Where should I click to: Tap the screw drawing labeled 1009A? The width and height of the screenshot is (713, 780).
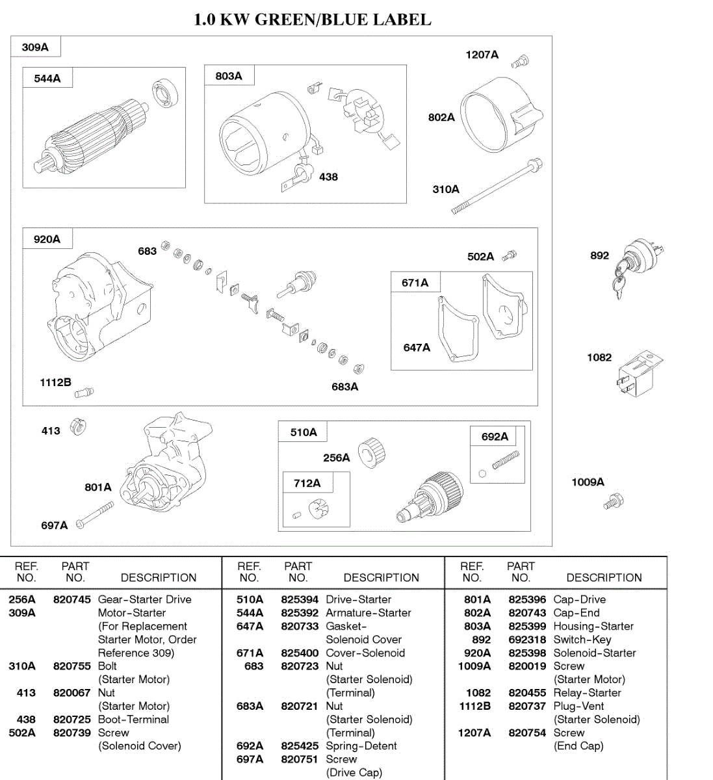[613, 502]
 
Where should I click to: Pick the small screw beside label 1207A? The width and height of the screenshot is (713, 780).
[519, 62]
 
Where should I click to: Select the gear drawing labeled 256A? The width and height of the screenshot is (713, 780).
[372, 452]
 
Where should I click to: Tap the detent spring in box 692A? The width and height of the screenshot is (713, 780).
[505, 460]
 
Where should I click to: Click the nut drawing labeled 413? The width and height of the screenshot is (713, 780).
[78, 427]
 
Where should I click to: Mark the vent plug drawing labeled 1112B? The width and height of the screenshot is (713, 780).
[84, 392]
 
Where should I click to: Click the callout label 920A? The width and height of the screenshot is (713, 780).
[47, 239]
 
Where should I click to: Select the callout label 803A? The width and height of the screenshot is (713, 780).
[229, 76]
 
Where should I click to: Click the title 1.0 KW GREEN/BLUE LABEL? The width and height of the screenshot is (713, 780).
[312, 19]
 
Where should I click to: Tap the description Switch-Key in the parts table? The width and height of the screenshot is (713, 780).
[582, 640]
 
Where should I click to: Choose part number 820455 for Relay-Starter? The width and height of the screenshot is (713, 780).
[527, 693]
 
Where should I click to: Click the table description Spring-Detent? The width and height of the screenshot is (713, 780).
[361, 746]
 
